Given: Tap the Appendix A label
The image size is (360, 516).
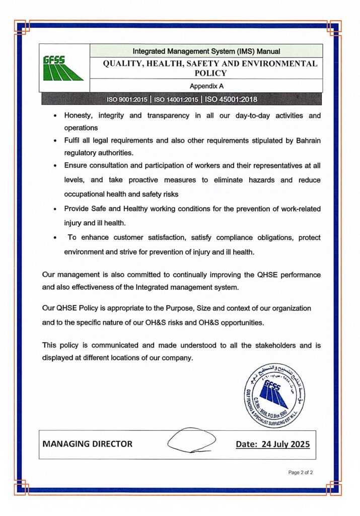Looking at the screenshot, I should click(206, 86).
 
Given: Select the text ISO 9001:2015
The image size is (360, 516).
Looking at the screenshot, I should click(129, 99).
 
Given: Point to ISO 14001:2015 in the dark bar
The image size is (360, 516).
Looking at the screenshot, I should click(176, 99).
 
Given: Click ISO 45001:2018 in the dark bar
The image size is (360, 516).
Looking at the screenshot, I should click(232, 99).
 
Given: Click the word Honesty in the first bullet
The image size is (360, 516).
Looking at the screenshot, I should click(80, 116).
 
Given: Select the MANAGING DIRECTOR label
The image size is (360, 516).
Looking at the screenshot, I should click(88, 444).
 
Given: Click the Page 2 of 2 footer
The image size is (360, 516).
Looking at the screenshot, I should click(301, 473).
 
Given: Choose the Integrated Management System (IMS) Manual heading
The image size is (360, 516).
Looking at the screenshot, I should click(206, 51).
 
